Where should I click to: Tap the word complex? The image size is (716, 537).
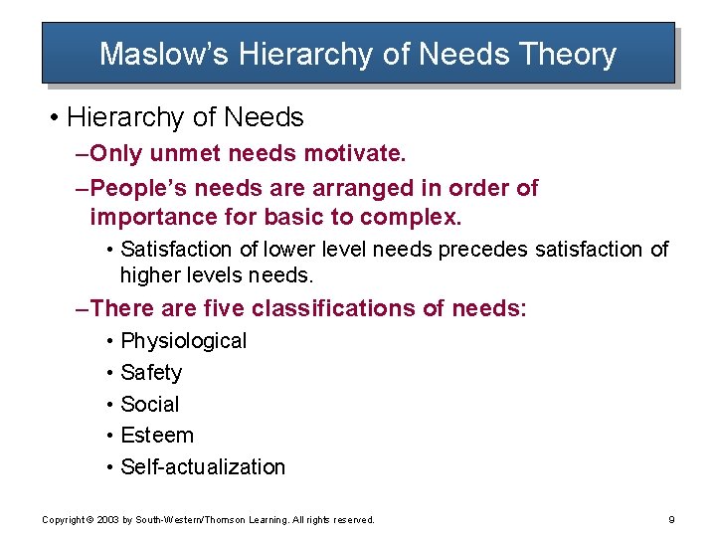click(411, 217)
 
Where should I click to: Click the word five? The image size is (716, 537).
click(223, 309)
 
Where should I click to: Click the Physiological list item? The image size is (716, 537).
click(183, 341)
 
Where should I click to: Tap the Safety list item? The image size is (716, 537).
click(151, 373)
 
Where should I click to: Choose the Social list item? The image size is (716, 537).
click(150, 404)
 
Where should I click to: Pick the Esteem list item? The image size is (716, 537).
click(157, 436)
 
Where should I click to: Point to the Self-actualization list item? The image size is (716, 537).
click(203, 467)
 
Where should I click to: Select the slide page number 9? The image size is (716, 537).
click(672, 519)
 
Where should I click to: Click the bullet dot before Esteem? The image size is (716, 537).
click(109, 436)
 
